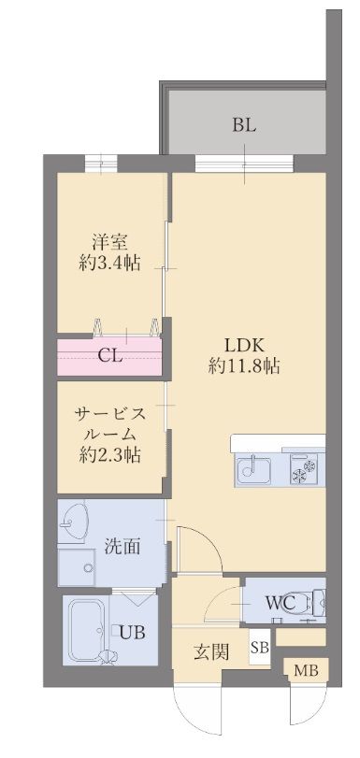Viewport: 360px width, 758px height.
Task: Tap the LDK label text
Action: click(244, 346)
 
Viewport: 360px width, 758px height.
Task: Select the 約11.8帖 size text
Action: click(244, 367)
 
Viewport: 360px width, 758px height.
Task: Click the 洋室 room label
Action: click(110, 241)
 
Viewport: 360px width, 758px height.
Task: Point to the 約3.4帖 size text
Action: click(110, 263)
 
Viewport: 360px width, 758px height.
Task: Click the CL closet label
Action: click(109, 356)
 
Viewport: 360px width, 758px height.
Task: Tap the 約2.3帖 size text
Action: click(110, 454)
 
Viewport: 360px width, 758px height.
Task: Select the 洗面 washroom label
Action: click(122, 546)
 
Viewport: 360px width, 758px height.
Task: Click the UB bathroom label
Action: click(132, 633)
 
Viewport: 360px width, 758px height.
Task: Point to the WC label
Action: click(280, 603)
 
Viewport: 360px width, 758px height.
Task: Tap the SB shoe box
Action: click(259, 649)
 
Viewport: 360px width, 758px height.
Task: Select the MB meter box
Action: click(307, 671)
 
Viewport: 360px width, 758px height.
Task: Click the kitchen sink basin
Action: click(253, 470)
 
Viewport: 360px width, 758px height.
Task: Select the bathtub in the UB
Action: click(85, 631)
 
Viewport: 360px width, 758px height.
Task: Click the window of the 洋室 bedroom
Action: click(101, 163)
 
